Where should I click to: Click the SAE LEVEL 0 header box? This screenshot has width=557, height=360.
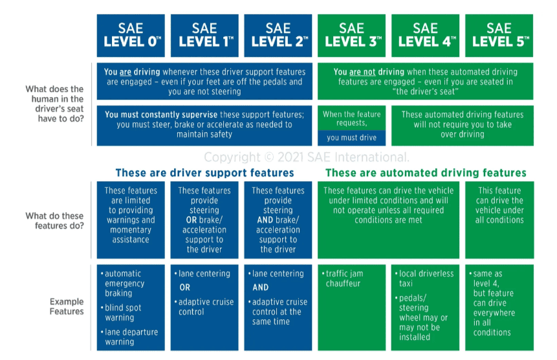coord(131,36)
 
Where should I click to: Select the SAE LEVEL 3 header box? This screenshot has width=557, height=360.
coord(351,36)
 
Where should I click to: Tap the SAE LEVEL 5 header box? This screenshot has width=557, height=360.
coord(498,36)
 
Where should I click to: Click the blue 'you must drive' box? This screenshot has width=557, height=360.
coord(351,138)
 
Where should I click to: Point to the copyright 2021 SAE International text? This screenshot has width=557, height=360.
coord(307,157)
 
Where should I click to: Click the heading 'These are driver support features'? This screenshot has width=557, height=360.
coord(204,173)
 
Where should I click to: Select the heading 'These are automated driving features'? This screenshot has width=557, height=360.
coord(426,173)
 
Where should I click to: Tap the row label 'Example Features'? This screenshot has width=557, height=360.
coord(67,306)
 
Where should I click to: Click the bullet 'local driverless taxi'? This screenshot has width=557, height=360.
coord(426,278)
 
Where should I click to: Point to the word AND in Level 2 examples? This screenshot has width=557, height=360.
coord(261,287)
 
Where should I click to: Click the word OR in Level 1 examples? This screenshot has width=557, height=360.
coord(184,287)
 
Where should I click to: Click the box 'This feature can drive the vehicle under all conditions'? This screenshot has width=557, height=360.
coord(499,205)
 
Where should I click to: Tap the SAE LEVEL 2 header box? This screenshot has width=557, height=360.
coord(278,36)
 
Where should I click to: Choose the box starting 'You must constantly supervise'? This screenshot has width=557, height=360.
coord(204,124)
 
